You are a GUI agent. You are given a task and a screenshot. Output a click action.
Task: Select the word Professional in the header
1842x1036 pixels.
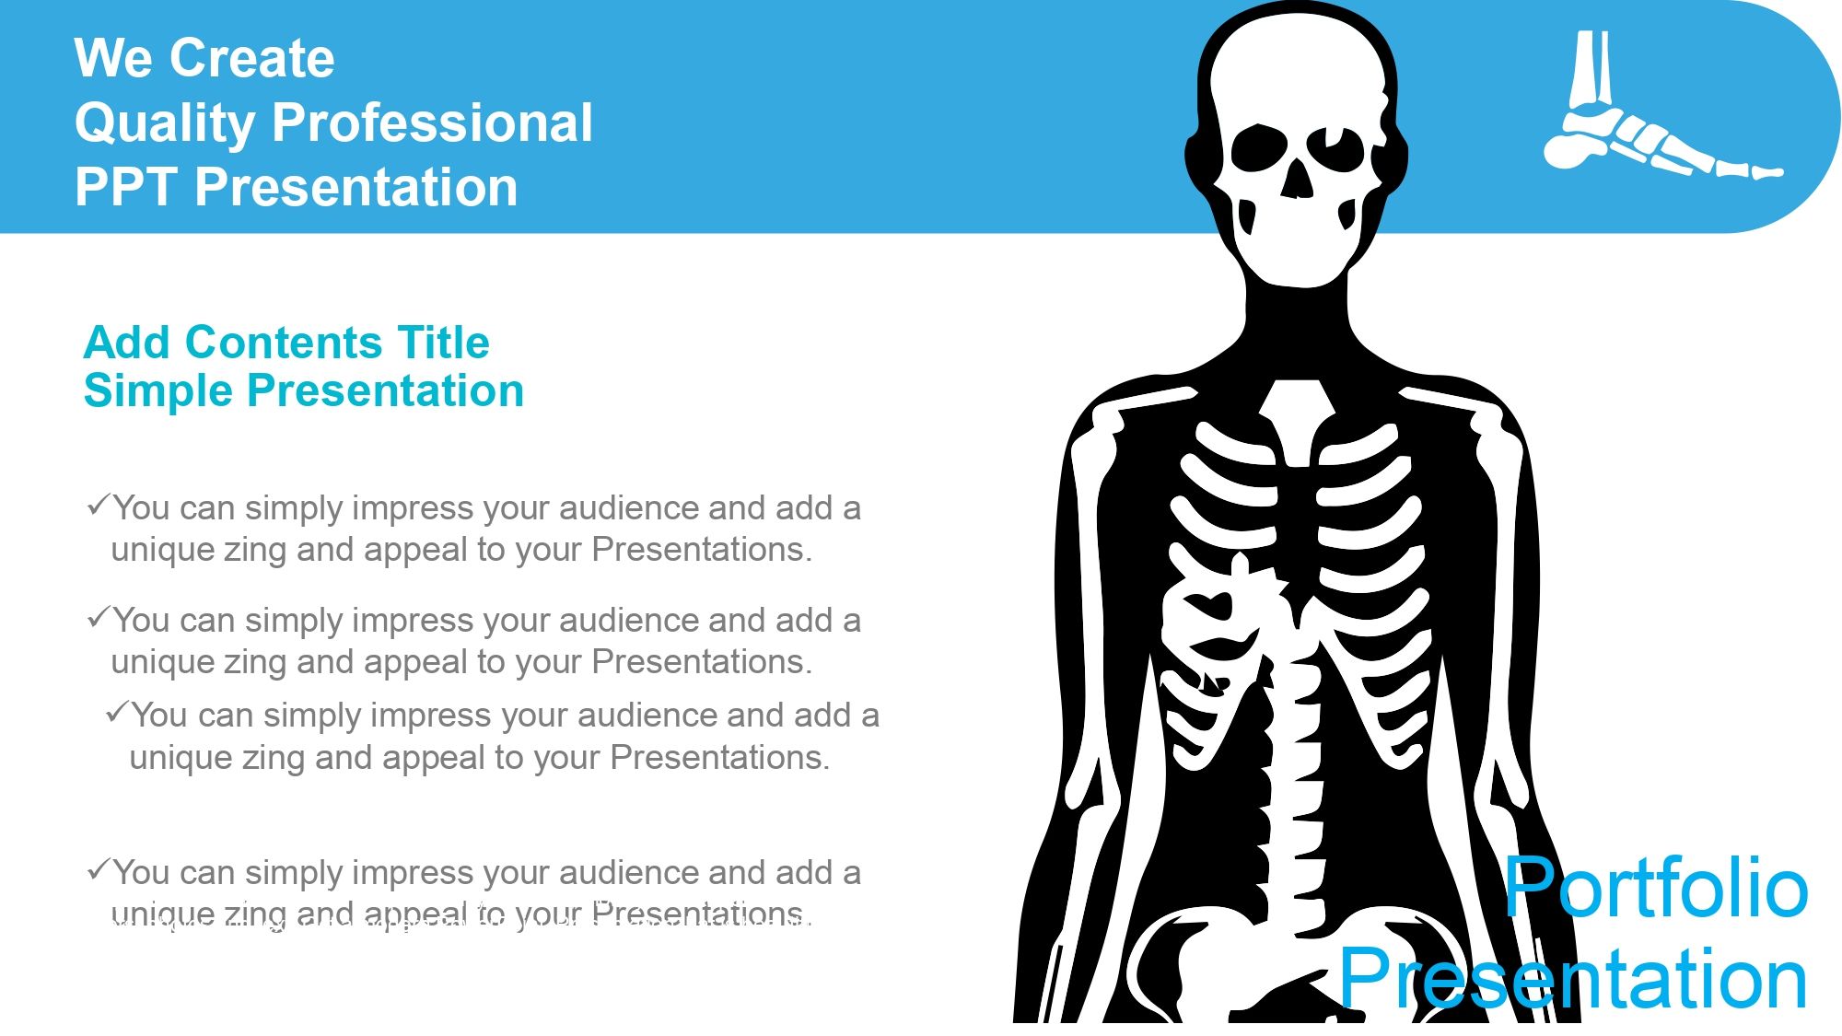click(x=432, y=122)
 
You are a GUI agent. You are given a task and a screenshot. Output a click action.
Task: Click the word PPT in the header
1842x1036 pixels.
click(x=126, y=187)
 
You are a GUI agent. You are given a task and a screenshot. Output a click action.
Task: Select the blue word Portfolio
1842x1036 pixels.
click(x=1657, y=887)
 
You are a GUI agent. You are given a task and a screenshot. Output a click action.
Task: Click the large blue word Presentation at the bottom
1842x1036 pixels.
click(x=1573, y=978)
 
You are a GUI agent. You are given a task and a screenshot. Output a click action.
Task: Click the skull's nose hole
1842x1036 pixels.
click(x=1298, y=179)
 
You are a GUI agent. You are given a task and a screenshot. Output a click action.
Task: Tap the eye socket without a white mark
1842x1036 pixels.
click(x=1259, y=148)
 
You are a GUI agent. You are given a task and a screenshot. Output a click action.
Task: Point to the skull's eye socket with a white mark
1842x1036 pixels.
click(x=1335, y=148)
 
